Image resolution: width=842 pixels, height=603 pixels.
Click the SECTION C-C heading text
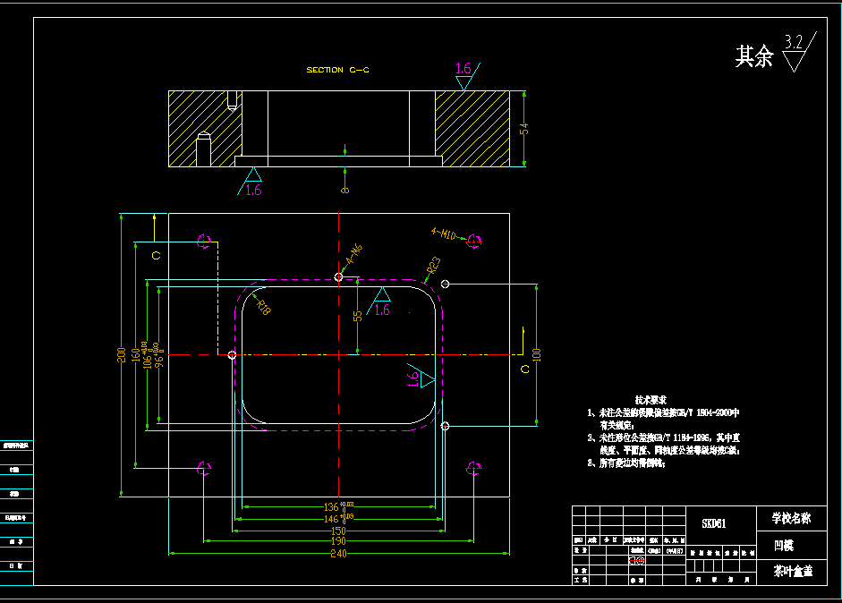(x=336, y=70)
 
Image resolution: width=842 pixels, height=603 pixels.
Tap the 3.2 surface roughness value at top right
(x=793, y=42)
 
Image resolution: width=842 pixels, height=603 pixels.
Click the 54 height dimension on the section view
(x=524, y=128)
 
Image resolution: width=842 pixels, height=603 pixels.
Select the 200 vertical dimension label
(x=122, y=354)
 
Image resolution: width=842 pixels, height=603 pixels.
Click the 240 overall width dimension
(x=338, y=553)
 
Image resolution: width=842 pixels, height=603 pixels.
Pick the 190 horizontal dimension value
(x=338, y=541)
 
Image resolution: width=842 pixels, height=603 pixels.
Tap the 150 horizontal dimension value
(x=338, y=530)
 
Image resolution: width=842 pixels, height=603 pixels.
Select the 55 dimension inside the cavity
(x=358, y=316)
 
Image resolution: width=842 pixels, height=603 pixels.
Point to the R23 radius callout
(x=433, y=266)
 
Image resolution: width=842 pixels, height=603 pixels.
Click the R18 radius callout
(x=263, y=307)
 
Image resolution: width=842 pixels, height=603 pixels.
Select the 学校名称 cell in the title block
(x=791, y=517)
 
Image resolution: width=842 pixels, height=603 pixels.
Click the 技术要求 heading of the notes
(x=651, y=399)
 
